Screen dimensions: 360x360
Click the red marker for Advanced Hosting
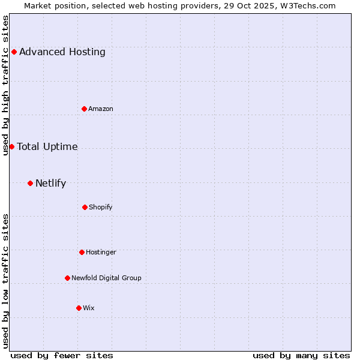point(14,52)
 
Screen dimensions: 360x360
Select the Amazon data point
point(84,109)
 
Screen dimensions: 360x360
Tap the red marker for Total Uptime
point(11,146)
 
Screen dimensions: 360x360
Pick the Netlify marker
point(30,183)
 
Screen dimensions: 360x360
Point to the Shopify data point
point(85,207)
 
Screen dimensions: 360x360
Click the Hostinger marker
point(82,252)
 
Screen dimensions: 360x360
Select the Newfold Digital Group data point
point(67,278)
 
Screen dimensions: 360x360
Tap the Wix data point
point(79,308)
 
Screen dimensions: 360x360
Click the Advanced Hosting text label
point(62,52)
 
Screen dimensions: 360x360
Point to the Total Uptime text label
point(47,146)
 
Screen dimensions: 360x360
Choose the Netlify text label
point(50,183)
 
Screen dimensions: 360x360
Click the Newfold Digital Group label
point(106,278)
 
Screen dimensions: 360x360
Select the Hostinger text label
point(101,252)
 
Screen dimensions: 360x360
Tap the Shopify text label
point(100,207)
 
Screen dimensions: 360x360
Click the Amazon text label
point(100,109)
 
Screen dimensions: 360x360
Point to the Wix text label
point(88,308)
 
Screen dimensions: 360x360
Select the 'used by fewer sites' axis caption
point(62,355)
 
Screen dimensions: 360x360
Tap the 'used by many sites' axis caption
point(301,355)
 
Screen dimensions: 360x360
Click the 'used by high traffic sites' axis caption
point(5,85)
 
